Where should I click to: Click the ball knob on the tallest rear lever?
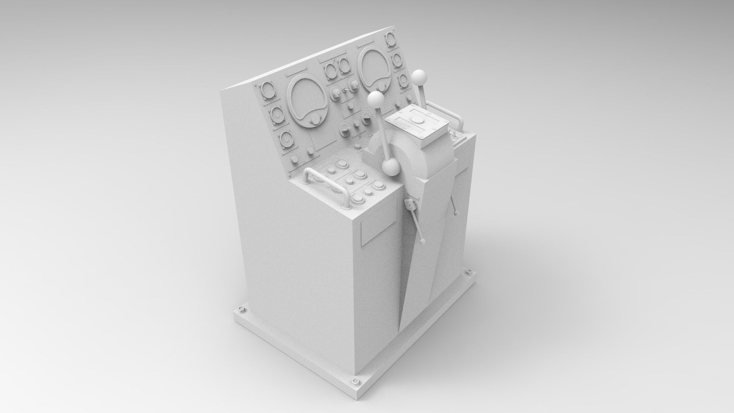pyautogui.click(x=419, y=76)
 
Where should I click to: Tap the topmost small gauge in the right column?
pyautogui.click(x=390, y=39)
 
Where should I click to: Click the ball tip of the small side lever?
pyautogui.click(x=422, y=241)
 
